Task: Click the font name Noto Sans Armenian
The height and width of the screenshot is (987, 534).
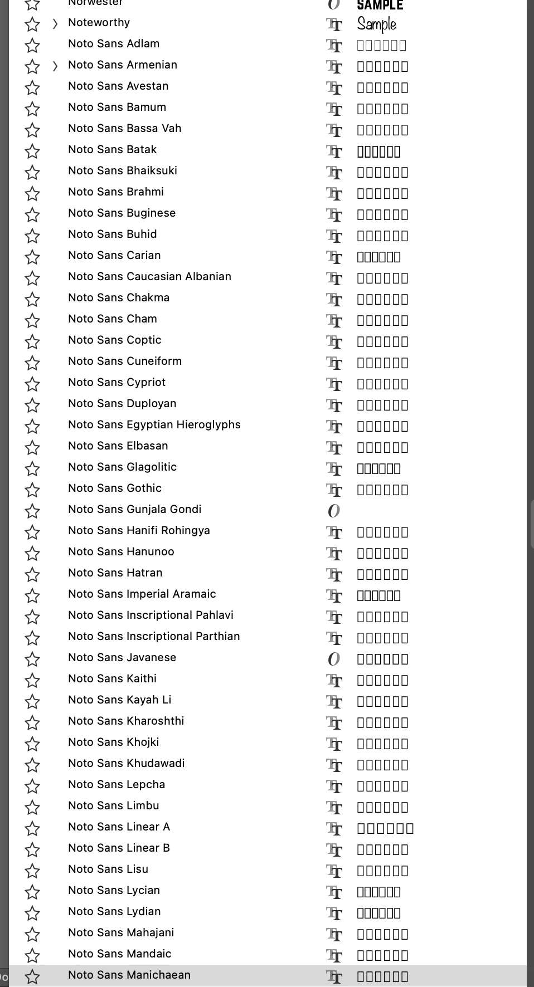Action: [x=123, y=65]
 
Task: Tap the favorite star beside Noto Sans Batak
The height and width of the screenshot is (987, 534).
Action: [x=32, y=151]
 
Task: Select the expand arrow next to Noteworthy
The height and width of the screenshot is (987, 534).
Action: [x=55, y=23]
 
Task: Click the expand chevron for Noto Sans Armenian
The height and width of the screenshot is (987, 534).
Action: [x=55, y=66]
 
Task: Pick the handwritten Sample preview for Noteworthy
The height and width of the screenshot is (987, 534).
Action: [x=377, y=24]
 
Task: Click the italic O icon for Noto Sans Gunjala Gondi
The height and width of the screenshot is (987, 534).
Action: [x=334, y=511]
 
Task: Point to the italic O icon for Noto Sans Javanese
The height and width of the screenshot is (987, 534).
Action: [x=334, y=659]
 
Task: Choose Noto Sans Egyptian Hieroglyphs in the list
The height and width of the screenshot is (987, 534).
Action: [x=154, y=424]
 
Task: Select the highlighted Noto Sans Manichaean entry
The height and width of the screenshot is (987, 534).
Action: [x=129, y=975]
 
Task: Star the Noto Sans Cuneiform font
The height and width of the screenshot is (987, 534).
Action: [x=32, y=363]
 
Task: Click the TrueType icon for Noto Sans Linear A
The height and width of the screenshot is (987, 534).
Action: [x=334, y=829]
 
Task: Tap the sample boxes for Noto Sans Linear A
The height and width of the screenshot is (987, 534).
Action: [x=385, y=829]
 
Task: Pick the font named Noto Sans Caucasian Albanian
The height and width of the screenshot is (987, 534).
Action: [x=149, y=276]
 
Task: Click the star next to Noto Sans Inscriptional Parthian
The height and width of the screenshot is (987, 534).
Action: [x=32, y=638]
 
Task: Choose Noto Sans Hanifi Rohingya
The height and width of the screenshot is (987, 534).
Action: [x=139, y=530]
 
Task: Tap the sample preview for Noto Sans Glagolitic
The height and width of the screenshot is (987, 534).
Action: [x=378, y=468]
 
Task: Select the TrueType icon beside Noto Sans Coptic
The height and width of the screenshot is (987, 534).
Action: [x=334, y=342]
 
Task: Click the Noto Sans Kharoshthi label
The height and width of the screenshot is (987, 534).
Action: [x=126, y=721]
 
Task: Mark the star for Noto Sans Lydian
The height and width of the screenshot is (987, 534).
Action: [x=32, y=913]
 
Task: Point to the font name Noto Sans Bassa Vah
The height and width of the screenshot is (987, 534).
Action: [x=125, y=128]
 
